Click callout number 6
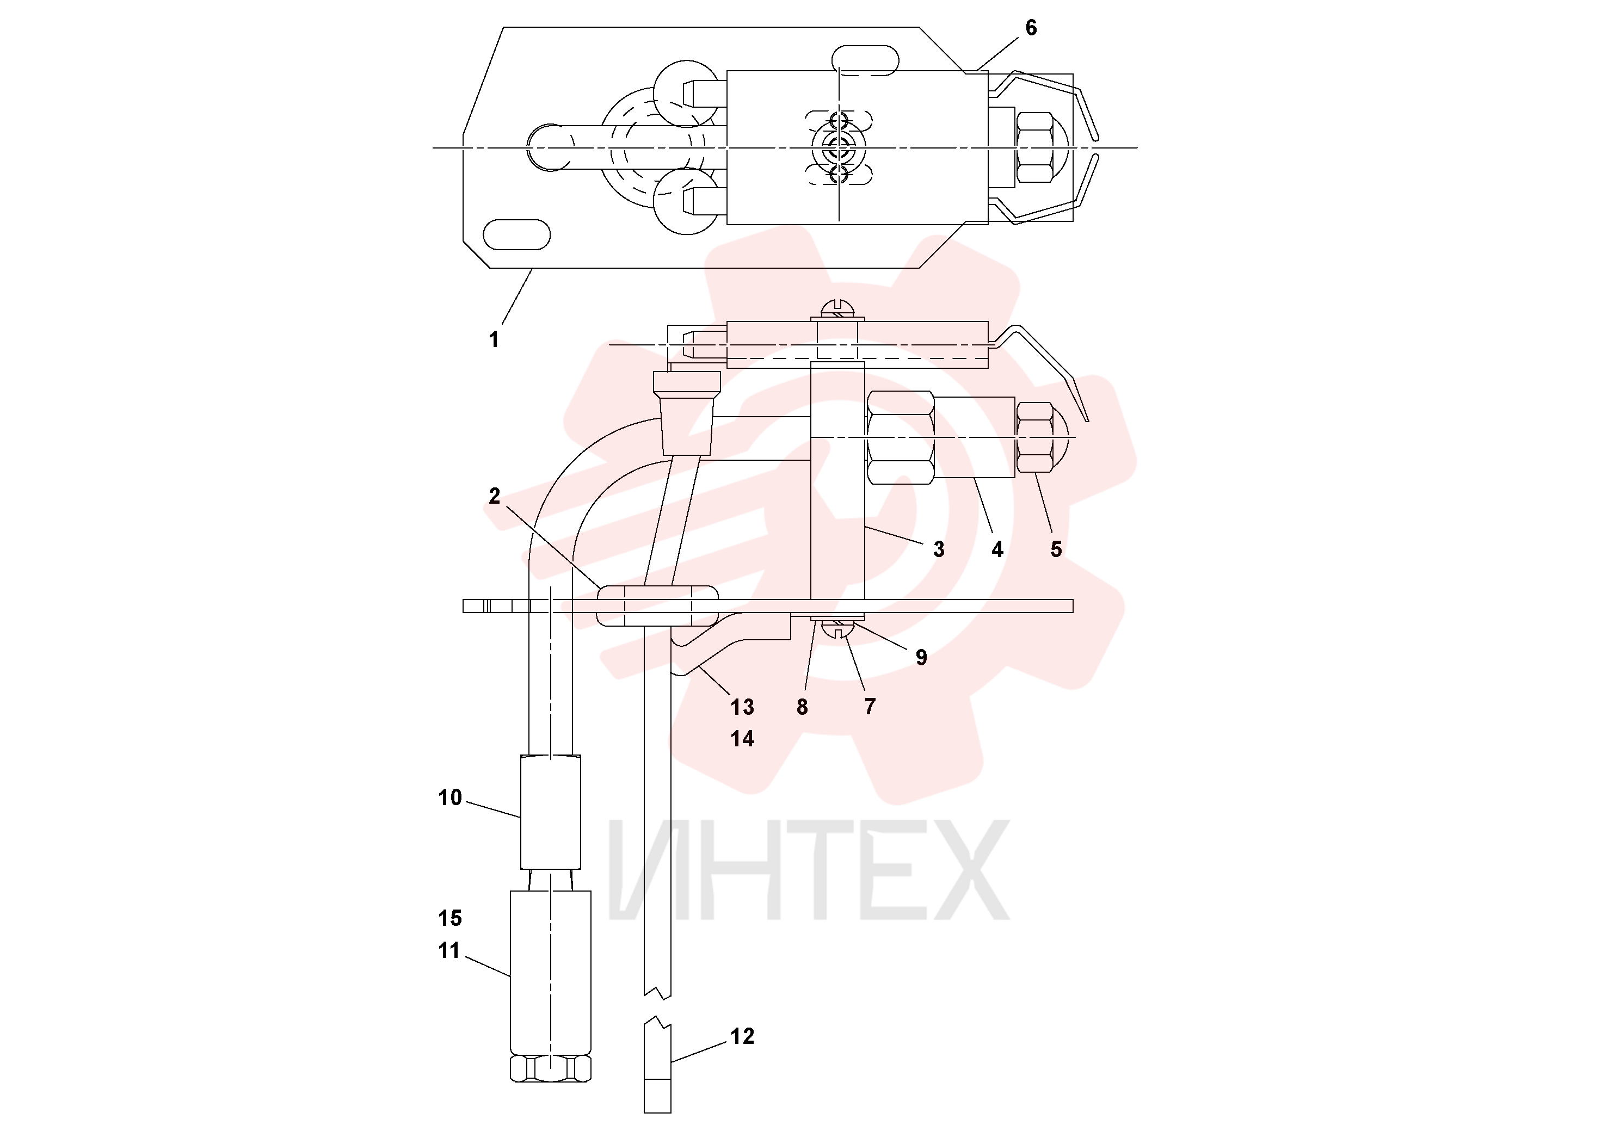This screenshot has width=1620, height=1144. tap(1031, 28)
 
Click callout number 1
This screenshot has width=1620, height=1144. tap(494, 339)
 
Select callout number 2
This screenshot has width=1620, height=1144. tap(495, 496)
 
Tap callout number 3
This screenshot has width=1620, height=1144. tap(938, 549)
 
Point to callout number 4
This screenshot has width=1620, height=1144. tap(997, 549)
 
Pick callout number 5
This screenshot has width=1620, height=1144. tap(1056, 549)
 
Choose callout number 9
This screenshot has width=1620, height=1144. tap(921, 657)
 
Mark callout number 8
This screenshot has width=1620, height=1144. tap(802, 707)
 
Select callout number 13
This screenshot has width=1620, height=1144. tap(742, 707)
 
